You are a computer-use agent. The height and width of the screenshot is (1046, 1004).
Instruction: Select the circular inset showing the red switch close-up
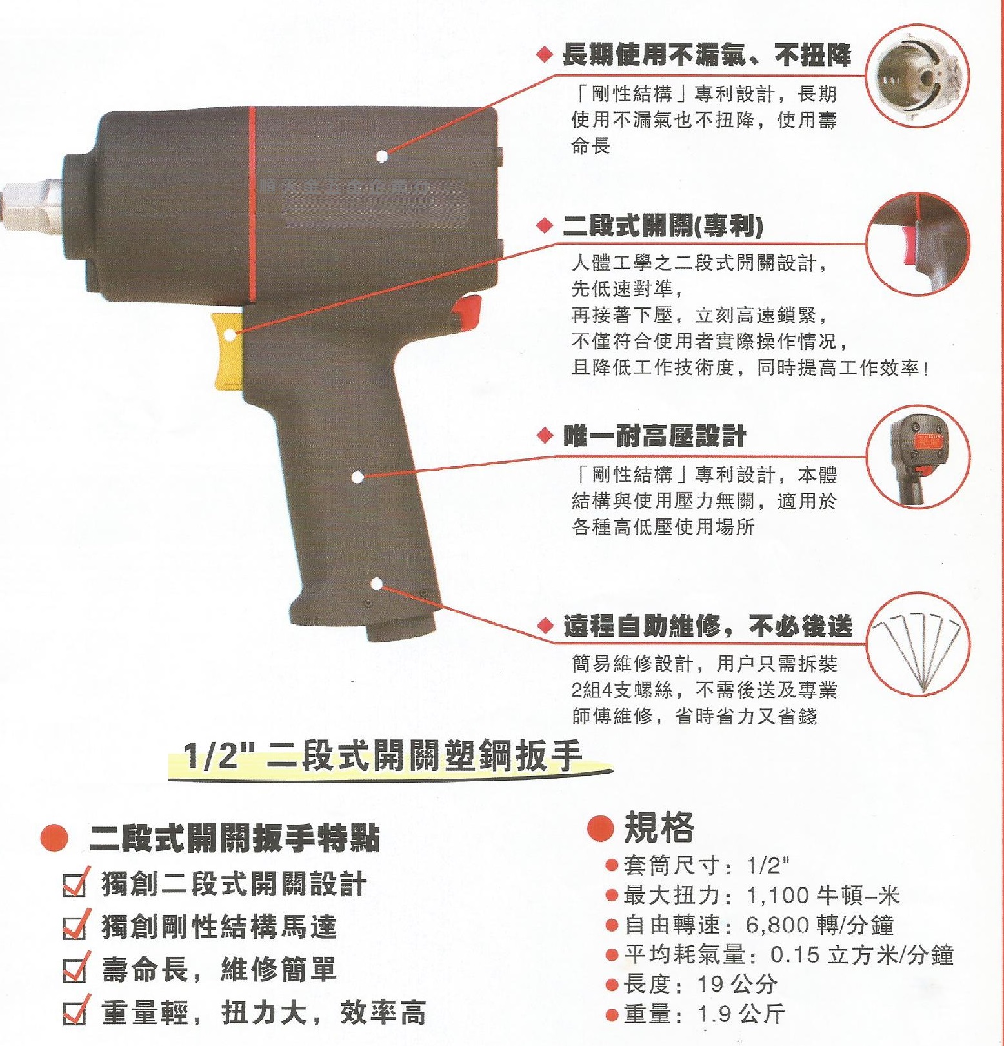point(916,244)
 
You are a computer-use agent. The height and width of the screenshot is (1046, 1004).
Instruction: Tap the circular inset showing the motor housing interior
point(916,76)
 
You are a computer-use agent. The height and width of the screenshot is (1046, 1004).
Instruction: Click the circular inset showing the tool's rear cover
point(916,456)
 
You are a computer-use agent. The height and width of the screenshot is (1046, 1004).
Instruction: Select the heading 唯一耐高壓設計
point(654,436)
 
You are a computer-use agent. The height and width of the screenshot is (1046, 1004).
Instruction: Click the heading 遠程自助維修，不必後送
point(707,626)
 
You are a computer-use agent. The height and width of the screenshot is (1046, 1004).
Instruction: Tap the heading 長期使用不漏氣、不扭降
point(706,55)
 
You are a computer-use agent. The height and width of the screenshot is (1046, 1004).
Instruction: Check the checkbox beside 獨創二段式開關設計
point(75,884)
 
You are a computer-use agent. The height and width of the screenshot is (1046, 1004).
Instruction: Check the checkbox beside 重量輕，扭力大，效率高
point(75,1012)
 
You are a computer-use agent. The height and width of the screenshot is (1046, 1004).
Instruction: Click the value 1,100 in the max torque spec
point(777,896)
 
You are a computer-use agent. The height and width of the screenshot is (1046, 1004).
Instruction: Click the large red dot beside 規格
point(600,828)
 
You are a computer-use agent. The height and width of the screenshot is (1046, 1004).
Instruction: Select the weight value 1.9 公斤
point(740,1014)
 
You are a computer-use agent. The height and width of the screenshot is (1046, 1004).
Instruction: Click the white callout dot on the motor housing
point(381,156)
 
